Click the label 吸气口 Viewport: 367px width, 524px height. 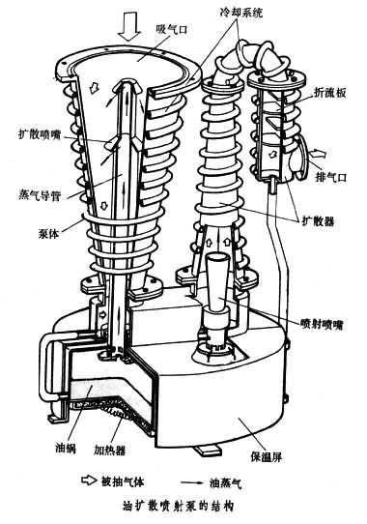172,29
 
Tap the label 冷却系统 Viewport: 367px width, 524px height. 241,13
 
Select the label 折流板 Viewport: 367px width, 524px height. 329,93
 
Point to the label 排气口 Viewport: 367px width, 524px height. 331,177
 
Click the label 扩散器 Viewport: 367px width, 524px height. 318,220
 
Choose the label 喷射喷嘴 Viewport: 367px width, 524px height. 322,324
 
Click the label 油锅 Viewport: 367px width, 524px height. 66,448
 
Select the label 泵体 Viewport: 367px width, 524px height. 48,234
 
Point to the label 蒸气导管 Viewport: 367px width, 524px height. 40,195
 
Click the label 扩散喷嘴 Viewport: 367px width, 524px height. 40,134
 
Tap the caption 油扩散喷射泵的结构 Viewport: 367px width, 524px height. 178,506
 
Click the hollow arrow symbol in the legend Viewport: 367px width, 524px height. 89,480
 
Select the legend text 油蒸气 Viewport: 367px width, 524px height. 225,482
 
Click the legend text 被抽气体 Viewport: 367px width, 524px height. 123,481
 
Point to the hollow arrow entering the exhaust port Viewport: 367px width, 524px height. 317,154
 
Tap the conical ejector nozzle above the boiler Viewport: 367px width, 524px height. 216,280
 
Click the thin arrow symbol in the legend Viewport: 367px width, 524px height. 192,482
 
